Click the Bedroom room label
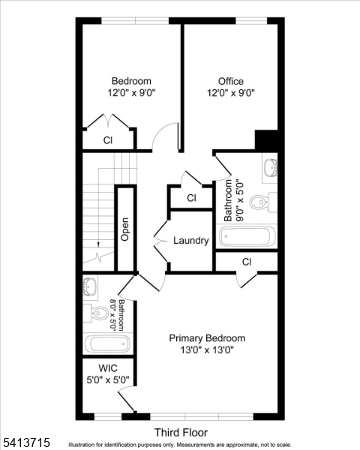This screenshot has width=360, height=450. click(x=131, y=81)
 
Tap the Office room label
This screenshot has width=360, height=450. click(x=231, y=81)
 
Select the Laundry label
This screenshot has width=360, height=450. click(x=190, y=241)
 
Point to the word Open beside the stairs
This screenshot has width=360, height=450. click(x=125, y=229)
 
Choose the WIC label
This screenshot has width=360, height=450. click(x=108, y=368)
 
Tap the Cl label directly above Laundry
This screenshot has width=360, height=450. click(x=190, y=198)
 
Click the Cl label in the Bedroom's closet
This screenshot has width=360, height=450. click(x=108, y=140)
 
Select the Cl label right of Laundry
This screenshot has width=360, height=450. click(x=246, y=261)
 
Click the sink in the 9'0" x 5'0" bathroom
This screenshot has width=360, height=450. click(x=270, y=168)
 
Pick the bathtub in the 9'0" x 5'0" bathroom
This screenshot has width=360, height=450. click(x=247, y=237)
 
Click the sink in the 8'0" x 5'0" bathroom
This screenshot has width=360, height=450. click(x=90, y=286)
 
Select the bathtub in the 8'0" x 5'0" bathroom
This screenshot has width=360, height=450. click(x=107, y=344)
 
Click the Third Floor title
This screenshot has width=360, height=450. click(x=181, y=433)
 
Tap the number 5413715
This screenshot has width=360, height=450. click(x=26, y=442)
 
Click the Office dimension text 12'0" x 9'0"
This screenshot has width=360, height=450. click(x=231, y=94)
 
